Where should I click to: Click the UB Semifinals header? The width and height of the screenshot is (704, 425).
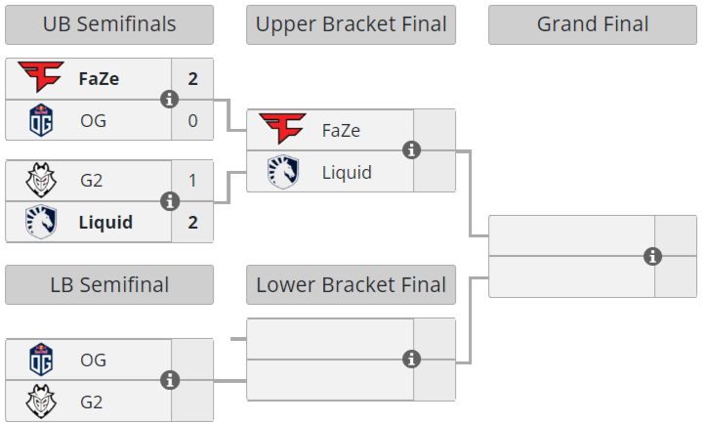coord(109,24)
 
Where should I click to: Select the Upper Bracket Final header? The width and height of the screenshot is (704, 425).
coord(351,24)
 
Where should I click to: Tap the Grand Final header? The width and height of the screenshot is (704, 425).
coord(593,24)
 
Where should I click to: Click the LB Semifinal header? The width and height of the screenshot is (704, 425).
coord(109,285)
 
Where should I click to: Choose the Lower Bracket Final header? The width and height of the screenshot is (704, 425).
coord(351,285)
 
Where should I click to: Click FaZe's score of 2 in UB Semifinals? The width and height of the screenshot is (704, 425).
coord(192,79)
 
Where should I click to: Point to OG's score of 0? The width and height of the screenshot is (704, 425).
coord(192,120)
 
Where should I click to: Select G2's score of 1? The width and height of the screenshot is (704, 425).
coord(192,181)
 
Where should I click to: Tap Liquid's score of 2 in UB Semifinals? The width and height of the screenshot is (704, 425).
coord(192,222)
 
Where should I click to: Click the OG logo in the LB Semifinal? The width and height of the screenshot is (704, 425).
coord(41,360)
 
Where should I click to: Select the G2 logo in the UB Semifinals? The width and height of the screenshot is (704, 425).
coord(41,181)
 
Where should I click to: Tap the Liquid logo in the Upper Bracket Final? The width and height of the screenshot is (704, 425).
coord(283,172)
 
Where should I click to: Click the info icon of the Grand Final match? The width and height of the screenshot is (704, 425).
coord(653,256)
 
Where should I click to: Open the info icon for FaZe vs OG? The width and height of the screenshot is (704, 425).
coord(170,100)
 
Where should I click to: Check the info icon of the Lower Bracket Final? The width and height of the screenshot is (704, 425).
coord(412,359)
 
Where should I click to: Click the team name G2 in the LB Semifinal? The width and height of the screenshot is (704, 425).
coord(91,402)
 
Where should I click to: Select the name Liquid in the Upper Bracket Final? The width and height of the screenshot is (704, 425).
coord(347,173)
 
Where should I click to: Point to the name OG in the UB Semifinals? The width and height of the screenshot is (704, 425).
coord(93,121)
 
